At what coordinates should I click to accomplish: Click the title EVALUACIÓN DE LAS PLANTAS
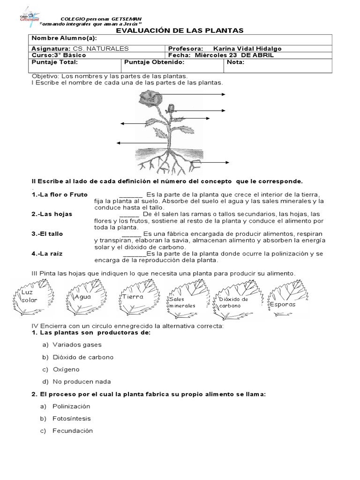(180, 30)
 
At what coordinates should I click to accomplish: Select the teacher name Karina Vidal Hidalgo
(247, 48)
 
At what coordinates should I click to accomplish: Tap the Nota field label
(236, 61)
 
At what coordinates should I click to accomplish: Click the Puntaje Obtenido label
(155, 61)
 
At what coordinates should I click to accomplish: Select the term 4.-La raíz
(47, 253)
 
